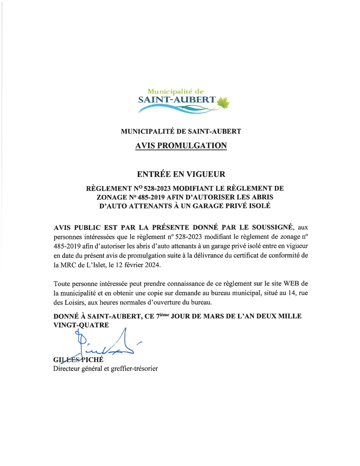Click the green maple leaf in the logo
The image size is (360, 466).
[223, 103]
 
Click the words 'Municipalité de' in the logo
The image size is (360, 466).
[176, 92]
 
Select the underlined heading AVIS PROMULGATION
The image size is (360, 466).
[181, 146]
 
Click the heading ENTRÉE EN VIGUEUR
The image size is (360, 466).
[181, 174]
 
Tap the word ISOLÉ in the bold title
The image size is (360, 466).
[259, 206]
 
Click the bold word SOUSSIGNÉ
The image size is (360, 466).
[272, 227]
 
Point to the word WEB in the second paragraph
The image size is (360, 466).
[291, 284]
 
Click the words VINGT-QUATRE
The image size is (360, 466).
[81, 325]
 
